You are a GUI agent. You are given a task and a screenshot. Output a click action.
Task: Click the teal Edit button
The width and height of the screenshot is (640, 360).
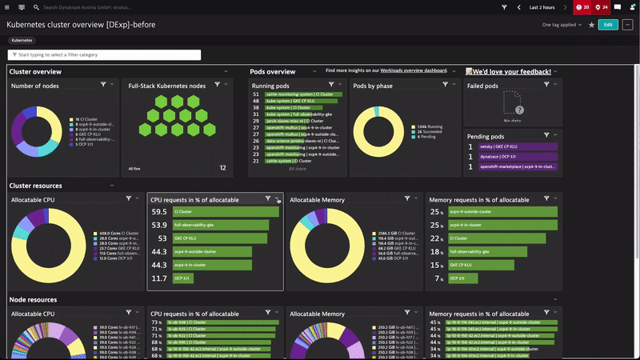(x=608, y=25)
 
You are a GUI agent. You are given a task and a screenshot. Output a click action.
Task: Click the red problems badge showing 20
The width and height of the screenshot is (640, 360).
(x=582, y=7)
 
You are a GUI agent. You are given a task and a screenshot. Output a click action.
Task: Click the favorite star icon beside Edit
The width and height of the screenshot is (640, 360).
(x=591, y=25)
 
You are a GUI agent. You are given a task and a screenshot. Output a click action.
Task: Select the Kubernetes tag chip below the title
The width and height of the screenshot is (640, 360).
(x=22, y=39)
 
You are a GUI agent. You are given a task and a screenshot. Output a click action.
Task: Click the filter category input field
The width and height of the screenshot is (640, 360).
(x=104, y=55)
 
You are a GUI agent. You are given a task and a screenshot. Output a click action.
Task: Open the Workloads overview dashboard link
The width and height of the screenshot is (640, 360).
(x=414, y=71)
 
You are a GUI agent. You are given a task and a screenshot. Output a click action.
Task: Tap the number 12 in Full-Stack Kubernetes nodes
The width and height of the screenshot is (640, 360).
(x=222, y=168)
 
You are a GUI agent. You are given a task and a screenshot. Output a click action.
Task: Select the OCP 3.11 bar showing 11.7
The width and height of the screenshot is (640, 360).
(x=184, y=278)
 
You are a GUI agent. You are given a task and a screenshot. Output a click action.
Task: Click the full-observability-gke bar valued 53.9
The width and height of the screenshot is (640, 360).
(x=218, y=226)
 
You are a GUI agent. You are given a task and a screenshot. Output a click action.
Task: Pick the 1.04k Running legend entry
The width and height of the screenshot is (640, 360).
(x=430, y=127)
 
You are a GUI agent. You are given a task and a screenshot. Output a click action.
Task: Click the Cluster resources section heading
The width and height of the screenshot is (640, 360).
(x=35, y=186)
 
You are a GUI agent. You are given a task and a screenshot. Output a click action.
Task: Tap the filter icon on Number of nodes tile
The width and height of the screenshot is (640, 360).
(x=103, y=85)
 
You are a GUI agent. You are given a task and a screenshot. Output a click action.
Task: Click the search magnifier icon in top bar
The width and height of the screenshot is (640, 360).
(x=37, y=7)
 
